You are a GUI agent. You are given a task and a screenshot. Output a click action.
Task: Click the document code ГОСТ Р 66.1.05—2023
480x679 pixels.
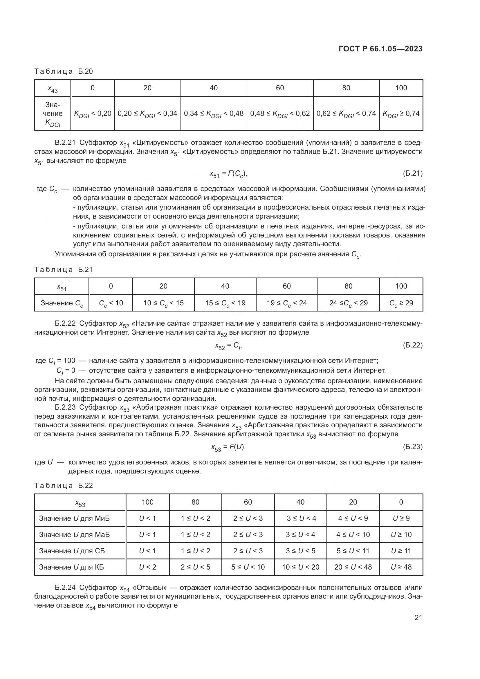tap(380, 49)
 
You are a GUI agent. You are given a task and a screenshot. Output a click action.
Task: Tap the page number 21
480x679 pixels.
tap(418, 617)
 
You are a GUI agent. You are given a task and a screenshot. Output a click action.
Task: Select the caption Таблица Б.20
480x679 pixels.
tap(64, 71)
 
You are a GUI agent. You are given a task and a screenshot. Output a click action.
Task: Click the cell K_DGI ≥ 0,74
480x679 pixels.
tap(401, 114)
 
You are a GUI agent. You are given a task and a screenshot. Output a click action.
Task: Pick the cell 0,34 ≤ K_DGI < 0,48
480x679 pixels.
tap(213, 114)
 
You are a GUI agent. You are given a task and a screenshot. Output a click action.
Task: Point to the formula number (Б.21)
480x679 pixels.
tap(413, 173)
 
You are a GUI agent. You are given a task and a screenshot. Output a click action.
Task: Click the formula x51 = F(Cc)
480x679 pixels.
tap(228, 174)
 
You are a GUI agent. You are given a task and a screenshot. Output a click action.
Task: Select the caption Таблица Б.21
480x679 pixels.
tap(64, 269)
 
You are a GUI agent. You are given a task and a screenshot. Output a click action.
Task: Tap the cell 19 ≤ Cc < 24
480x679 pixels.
tap(286, 303)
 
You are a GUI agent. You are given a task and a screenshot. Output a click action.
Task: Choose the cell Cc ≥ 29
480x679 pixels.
tap(401, 303)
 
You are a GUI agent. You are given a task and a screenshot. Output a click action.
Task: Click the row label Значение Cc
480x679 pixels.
tap(62, 303)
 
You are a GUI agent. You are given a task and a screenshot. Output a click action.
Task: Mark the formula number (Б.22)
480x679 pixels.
tap(413, 345)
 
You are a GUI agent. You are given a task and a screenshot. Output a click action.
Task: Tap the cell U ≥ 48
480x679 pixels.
tap(401, 567)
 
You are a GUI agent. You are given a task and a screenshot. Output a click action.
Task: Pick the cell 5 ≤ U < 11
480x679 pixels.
tap(353, 551)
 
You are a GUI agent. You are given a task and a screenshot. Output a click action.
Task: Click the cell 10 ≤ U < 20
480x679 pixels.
tap(300, 567)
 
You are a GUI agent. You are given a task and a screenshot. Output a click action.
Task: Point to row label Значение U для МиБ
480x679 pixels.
tap(74, 518)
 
